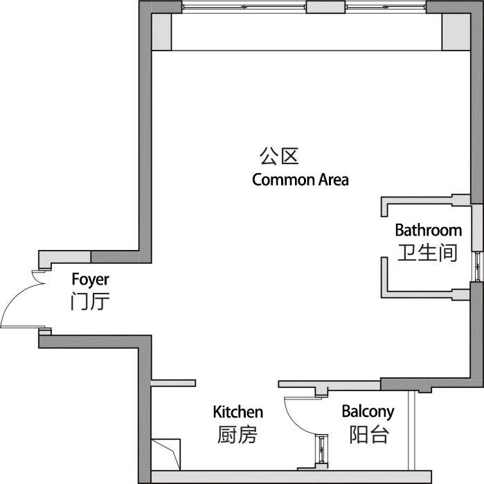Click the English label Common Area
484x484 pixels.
[301, 179]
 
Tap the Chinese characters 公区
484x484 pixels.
[279, 156]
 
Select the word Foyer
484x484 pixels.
[90, 280]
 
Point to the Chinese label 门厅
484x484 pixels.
[90, 301]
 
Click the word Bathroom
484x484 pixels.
[429, 231]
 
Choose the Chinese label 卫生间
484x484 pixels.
[427, 253]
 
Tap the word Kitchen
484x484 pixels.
[238, 412]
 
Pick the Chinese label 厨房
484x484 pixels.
[237, 434]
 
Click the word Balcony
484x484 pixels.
[368, 412]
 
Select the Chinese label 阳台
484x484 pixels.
[369, 434]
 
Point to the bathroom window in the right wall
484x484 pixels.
[478, 266]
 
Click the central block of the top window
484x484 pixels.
[325, 7]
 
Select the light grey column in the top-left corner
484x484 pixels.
[161, 32]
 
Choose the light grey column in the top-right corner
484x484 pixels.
[456, 32]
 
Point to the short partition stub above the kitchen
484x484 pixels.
[174, 383]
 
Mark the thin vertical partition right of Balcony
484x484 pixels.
[411, 431]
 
